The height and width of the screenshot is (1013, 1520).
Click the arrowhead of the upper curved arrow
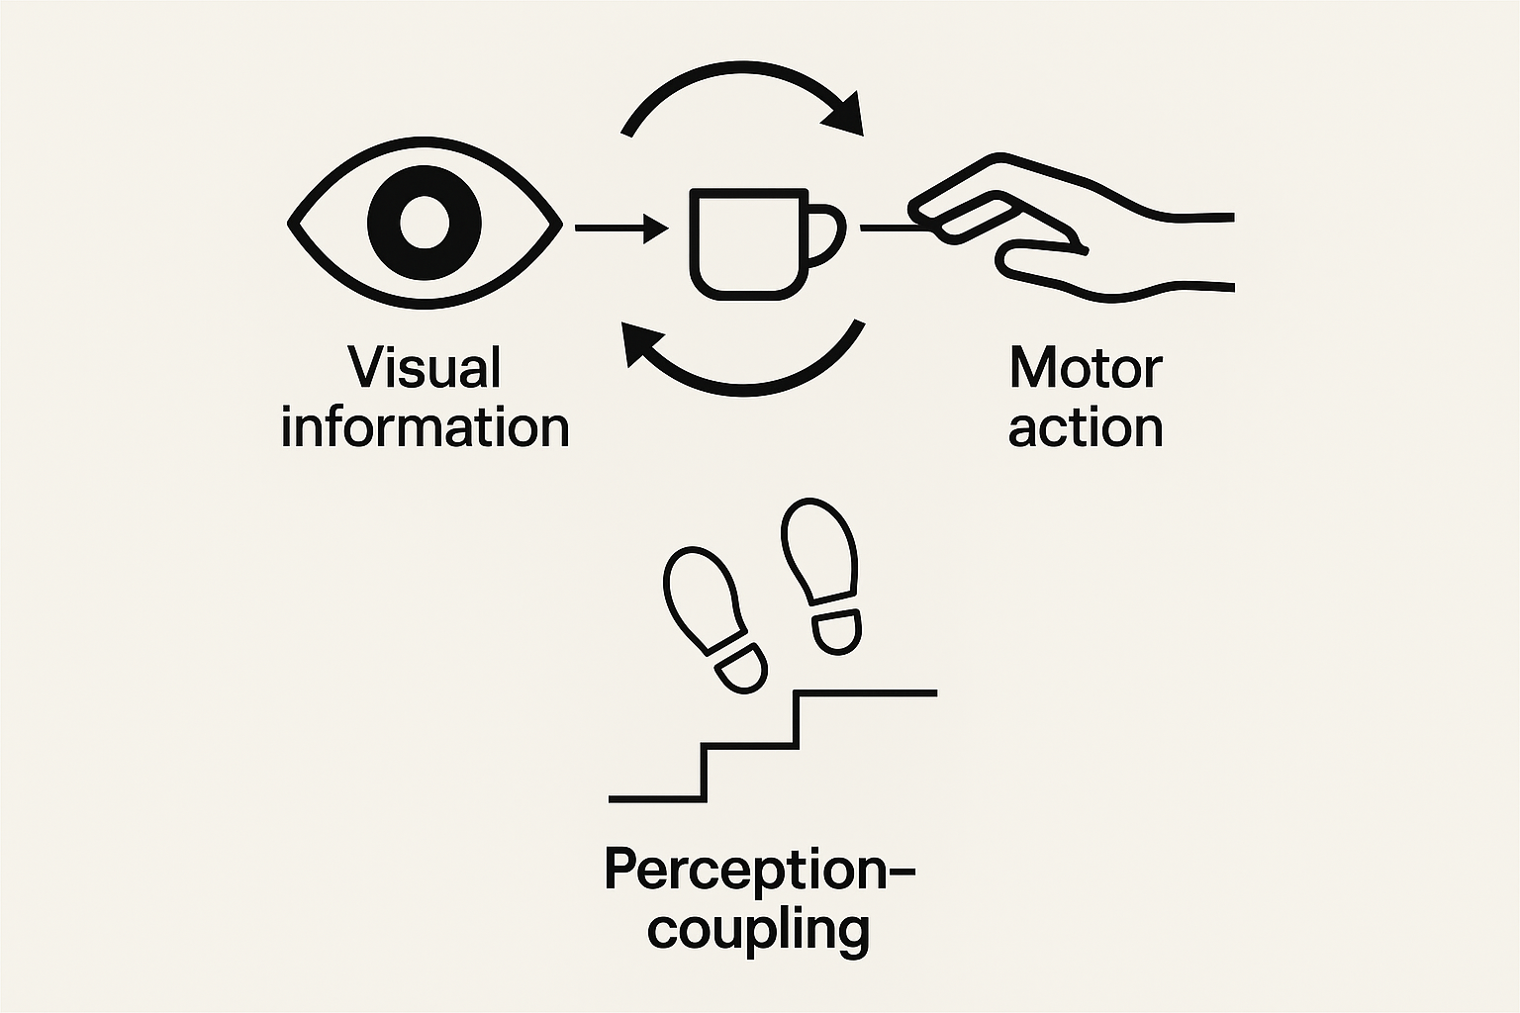pyautogui.click(x=847, y=114)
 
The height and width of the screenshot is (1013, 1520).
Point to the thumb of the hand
pyautogui.click(x=1039, y=259)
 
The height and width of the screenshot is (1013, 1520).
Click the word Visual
pyautogui.click(x=425, y=367)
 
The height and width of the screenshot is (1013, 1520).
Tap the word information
pyautogui.click(x=425, y=427)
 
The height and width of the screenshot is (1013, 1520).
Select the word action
pyautogui.click(x=1086, y=427)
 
